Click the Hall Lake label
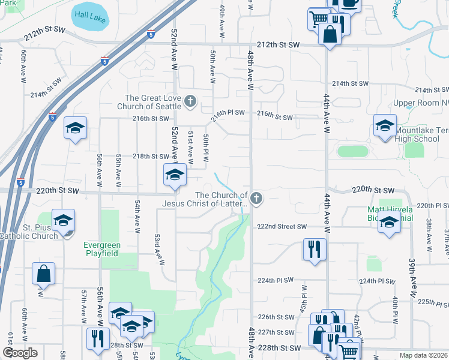[x=89, y=18]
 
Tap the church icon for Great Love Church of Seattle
[x=190, y=101]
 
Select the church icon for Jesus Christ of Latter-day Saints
[x=256, y=198]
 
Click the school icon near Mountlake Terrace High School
[x=385, y=126]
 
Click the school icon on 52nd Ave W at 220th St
[x=175, y=175]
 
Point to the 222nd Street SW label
[x=282, y=226]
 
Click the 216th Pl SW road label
[x=229, y=112]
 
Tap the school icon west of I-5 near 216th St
[x=76, y=128]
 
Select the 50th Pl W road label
[x=206, y=149]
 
